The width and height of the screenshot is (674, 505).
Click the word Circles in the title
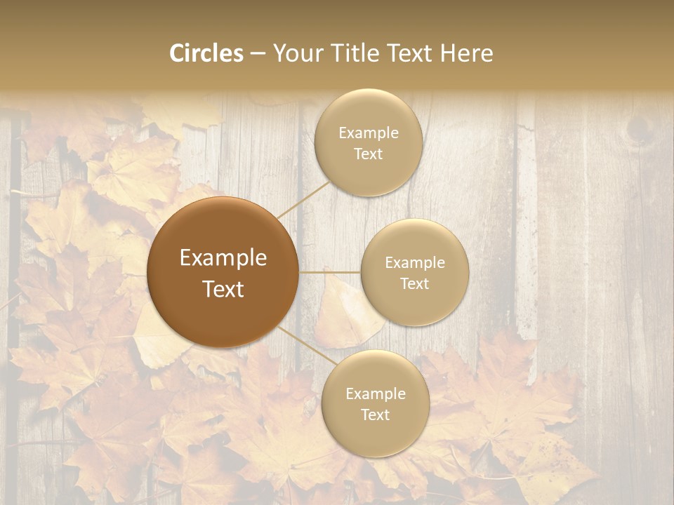tap(206, 53)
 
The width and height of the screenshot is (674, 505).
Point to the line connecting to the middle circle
tap(330, 271)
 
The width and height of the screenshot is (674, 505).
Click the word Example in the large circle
tap(223, 258)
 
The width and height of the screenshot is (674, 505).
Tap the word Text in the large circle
tap(223, 289)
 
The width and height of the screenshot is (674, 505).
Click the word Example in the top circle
tap(368, 133)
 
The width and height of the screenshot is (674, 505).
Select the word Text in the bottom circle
tap(375, 415)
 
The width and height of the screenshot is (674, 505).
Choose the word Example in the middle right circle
tap(415, 263)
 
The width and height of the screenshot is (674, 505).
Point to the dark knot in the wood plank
tap(639, 130)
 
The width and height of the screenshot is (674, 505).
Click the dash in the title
tap(257, 53)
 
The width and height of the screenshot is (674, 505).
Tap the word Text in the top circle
tap(368, 154)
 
